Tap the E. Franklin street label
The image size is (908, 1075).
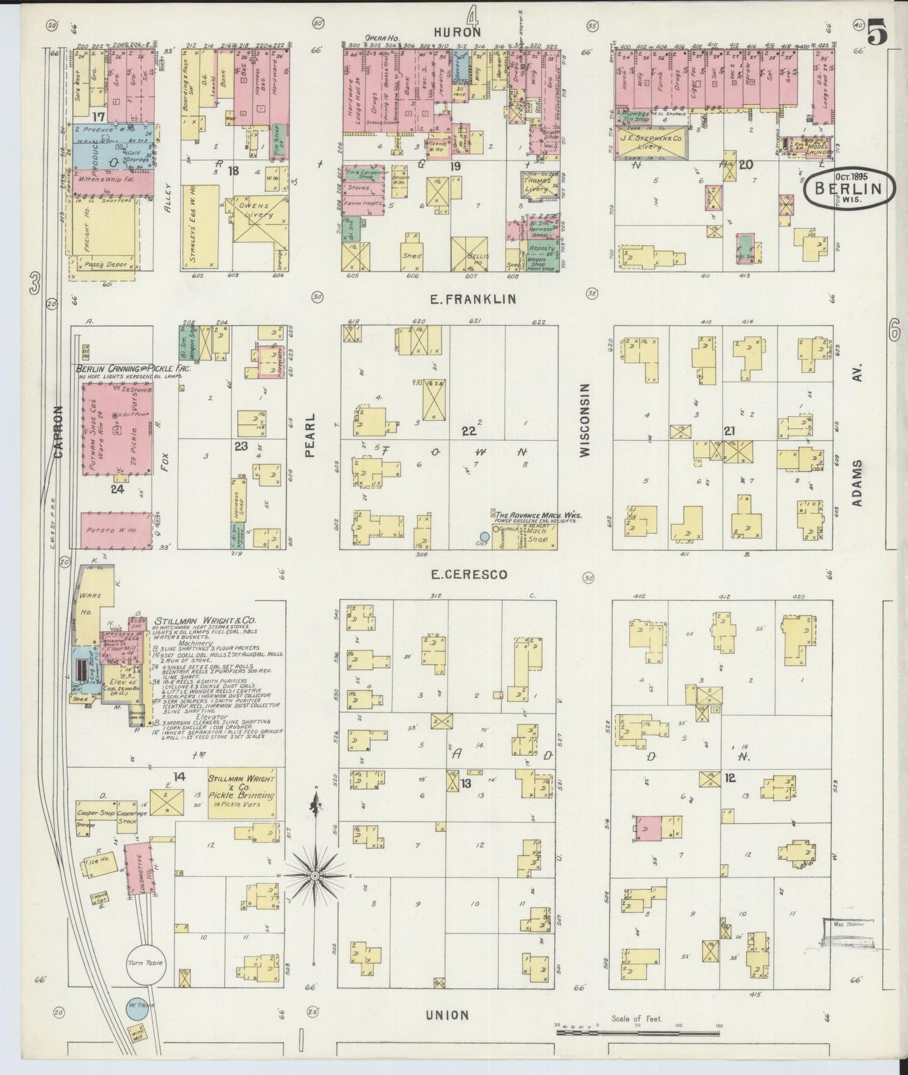click(x=473, y=299)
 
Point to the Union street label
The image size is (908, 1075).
click(x=447, y=1015)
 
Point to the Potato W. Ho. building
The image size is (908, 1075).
click(x=117, y=530)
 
